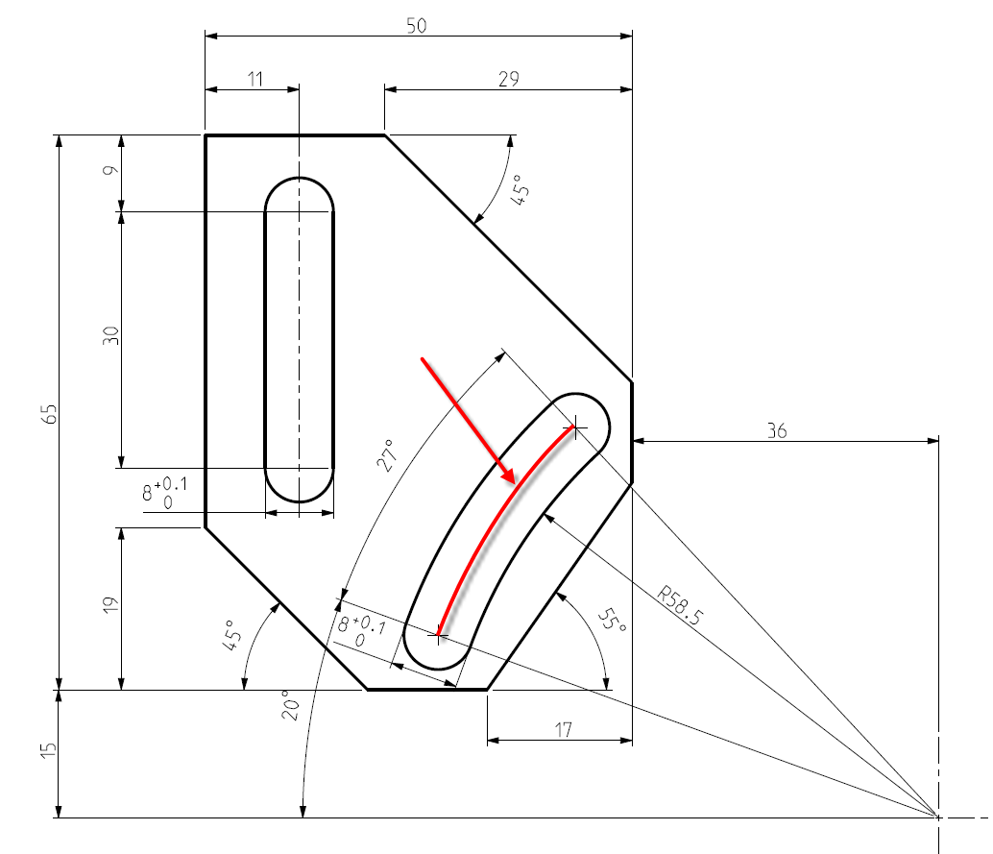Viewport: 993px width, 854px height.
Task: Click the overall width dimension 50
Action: pyautogui.click(x=416, y=26)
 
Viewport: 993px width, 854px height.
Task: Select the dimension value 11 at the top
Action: pyautogui.click(x=254, y=80)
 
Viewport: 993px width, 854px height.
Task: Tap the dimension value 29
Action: pyautogui.click(x=509, y=80)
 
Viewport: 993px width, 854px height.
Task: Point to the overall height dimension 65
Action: pyautogui.click(x=51, y=413)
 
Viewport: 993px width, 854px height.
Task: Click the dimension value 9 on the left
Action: pyautogui.click(x=111, y=172)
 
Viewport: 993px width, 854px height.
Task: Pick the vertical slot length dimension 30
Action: pyautogui.click(x=111, y=336)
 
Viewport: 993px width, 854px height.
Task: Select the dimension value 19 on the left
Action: pyautogui.click(x=111, y=606)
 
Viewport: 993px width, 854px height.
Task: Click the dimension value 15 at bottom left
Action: pyautogui.click(x=51, y=753)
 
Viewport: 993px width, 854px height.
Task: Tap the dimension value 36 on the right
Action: pyautogui.click(x=777, y=431)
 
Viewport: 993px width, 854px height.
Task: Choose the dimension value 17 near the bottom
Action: pyautogui.click(x=563, y=730)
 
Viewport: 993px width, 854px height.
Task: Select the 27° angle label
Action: pyautogui.click(x=386, y=456)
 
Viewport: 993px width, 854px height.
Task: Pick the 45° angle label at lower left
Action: pyautogui.click(x=233, y=636)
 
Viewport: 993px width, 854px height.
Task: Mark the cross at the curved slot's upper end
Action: pyautogui.click(x=574, y=427)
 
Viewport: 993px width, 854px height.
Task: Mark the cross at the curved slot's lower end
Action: pyautogui.click(x=439, y=633)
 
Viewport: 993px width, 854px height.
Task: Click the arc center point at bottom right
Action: pyautogui.click(x=938, y=817)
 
